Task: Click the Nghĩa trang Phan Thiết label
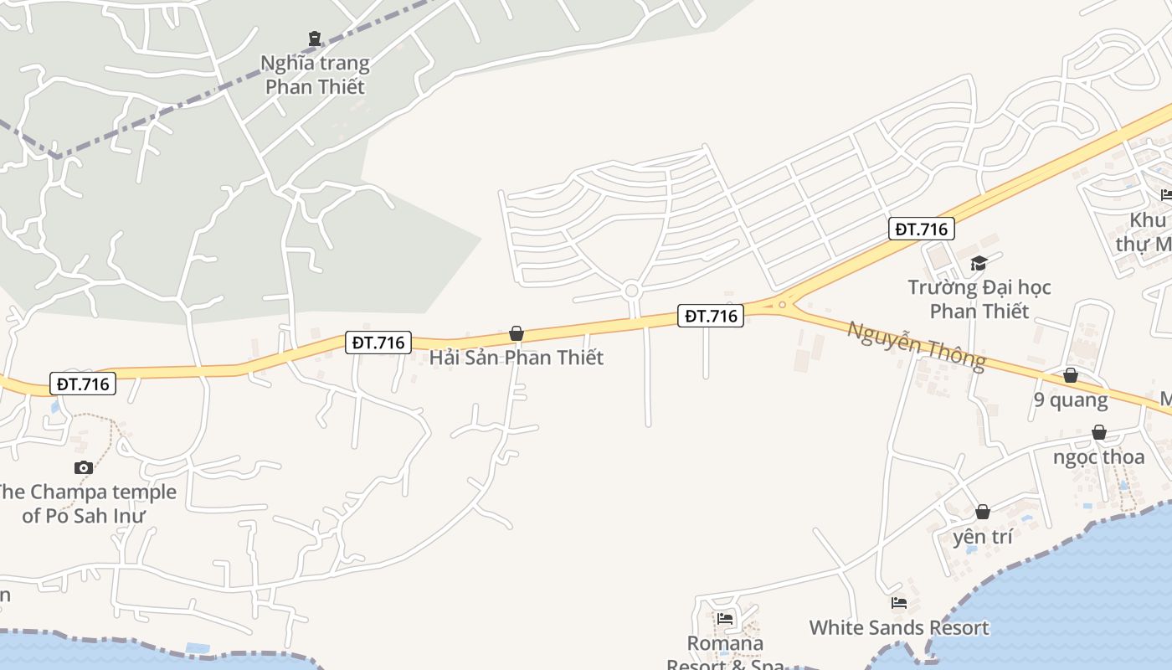[x=314, y=75]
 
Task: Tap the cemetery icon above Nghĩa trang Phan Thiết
[x=314, y=38]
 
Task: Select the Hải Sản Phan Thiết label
[x=516, y=358]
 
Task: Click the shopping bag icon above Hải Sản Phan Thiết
[x=517, y=333]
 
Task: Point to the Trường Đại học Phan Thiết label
[x=979, y=299]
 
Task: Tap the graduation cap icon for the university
[x=979, y=263]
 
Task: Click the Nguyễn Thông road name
[x=916, y=344]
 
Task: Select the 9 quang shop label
[x=1071, y=399]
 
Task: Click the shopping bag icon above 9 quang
[x=1071, y=375]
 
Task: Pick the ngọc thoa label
[x=1098, y=456]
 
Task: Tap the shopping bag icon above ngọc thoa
[x=1098, y=432]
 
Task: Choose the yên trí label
[x=983, y=536]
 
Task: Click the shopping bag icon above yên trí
[x=983, y=511]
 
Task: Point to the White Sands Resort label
[x=898, y=627]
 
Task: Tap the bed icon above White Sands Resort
[x=899, y=602]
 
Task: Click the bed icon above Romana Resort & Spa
[x=725, y=619]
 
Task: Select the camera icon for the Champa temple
[x=83, y=467]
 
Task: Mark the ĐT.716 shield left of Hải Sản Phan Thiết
[x=378, y=343]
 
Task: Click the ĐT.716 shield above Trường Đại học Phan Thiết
[x=921, y=229]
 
